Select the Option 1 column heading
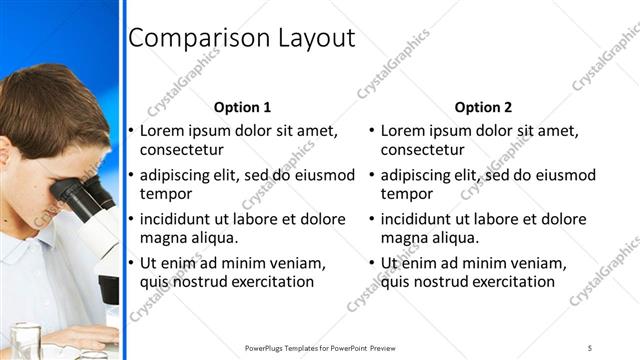[x=242, y=107]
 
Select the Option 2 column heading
[x=483, y=107]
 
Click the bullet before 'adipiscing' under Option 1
[x=131, y=176]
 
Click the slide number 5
[x=590, y=347]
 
